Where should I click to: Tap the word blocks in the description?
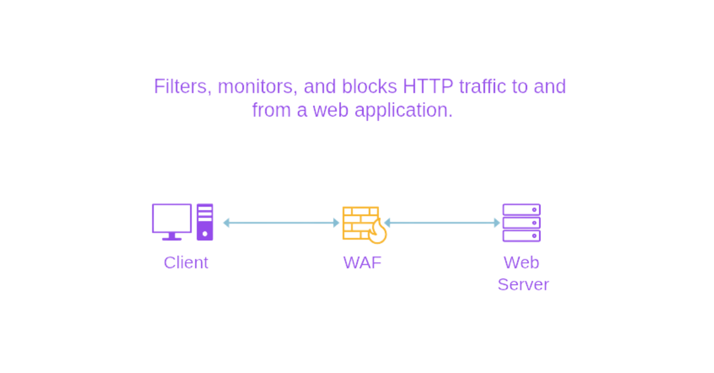click(x=369, y=87)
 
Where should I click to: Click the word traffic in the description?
click(x=482, y=87)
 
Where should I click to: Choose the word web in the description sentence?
click(x=331, y=111)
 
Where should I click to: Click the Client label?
click(x=186, y=262)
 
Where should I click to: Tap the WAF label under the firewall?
click(x=362, y=262)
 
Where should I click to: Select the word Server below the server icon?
click(x=522, y=285)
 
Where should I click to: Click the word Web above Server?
click(x=521, y=262)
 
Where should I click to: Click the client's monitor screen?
click(x=172, y=218)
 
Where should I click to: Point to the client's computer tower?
click(x=205, y=222)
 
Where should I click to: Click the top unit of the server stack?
click(x=521, y=209)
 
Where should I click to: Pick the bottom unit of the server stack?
click(x=521, y=236)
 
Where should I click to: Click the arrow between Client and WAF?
click(x=281, y=223)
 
